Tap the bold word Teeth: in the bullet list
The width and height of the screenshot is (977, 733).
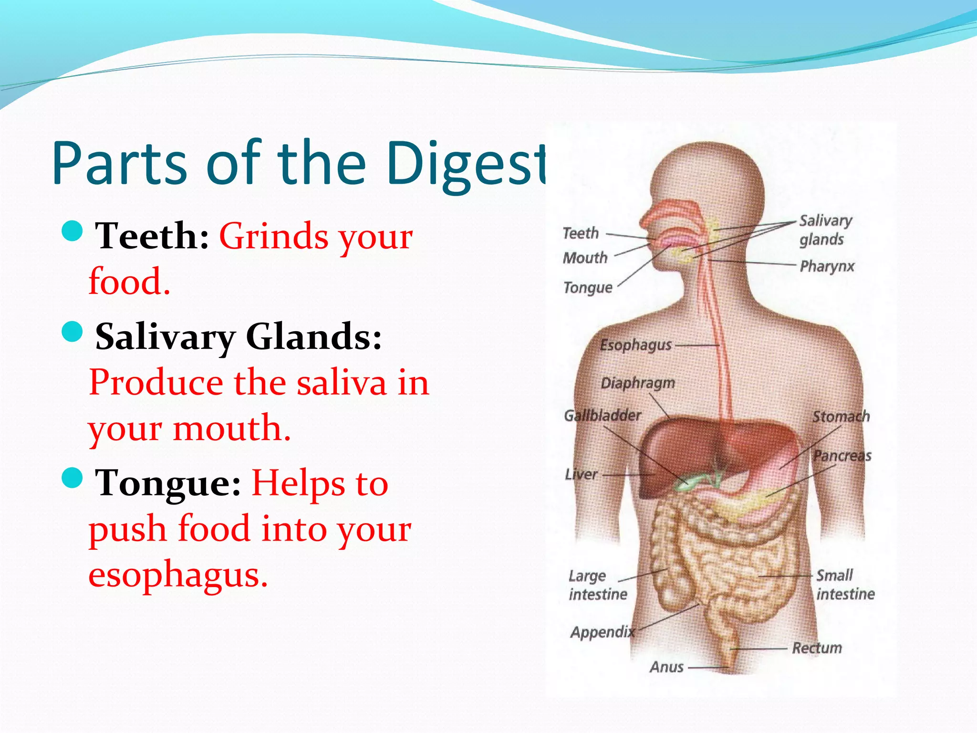tap(152, 236)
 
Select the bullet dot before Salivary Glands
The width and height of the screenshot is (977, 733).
tap(73, 331)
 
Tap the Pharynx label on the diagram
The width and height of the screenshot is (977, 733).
tap(827, 266)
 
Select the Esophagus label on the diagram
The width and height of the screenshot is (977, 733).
tap(635, 345)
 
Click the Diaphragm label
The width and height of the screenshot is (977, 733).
tap(638, 383)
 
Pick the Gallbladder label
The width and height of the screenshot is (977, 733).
tap(602, 415)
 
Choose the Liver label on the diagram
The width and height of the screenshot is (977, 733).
tap(581, 474)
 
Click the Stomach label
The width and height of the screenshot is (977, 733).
tap(841, 417)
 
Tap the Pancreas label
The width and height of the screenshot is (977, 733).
tap(842, 456)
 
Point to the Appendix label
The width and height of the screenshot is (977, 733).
tap(603, 632)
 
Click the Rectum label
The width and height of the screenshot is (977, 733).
tap(817, 648)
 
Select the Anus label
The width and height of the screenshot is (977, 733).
tap(666, 667)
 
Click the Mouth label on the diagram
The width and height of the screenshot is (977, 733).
tap(585, 258)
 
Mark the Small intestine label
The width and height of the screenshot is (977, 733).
tap(845, 585)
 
